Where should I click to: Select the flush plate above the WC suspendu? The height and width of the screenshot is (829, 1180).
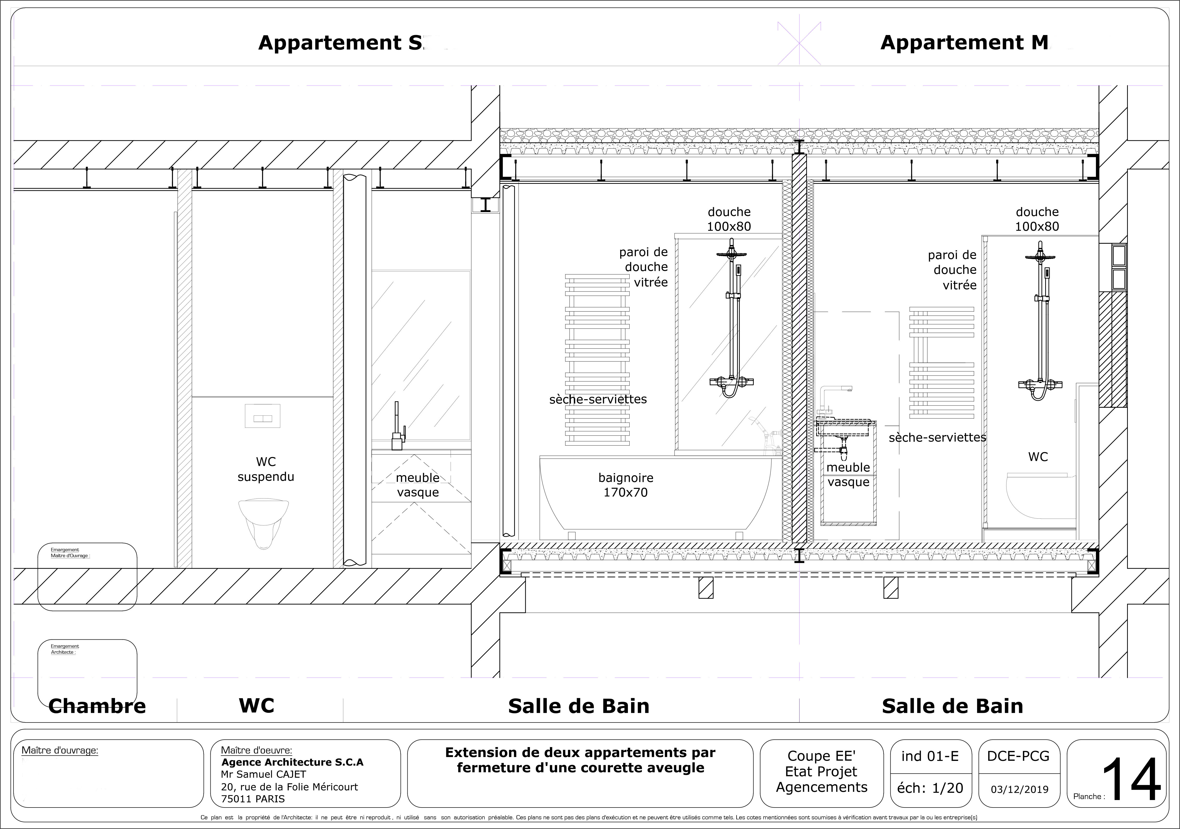(x=263, y=416)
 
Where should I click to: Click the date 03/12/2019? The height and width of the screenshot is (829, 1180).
(x=1019, y=789)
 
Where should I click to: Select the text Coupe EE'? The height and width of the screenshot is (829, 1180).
(x=821, y=756)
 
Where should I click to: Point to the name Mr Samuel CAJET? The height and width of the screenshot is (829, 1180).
(x=263, y=774)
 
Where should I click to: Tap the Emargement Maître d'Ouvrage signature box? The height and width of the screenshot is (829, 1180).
(x=87, y=577)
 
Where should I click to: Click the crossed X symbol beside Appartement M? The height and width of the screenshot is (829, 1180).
(x=799, y=43)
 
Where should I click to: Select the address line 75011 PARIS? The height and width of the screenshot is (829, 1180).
(x=252, y=799)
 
